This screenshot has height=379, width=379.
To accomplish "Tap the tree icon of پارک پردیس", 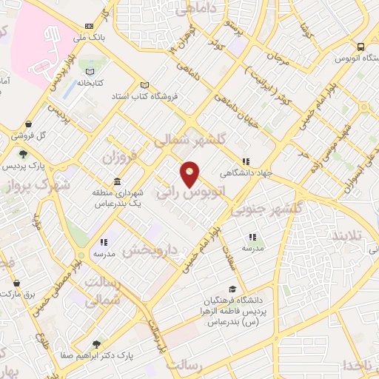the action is point(24,154).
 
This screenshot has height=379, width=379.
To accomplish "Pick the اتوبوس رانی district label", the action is point(190,192).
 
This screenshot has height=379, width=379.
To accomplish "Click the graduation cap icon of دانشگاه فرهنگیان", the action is point(232,289).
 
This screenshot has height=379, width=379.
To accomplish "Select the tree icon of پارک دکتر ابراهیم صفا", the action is point(96,344).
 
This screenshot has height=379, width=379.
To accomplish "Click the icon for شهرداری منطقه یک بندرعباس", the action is point(117,182).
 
